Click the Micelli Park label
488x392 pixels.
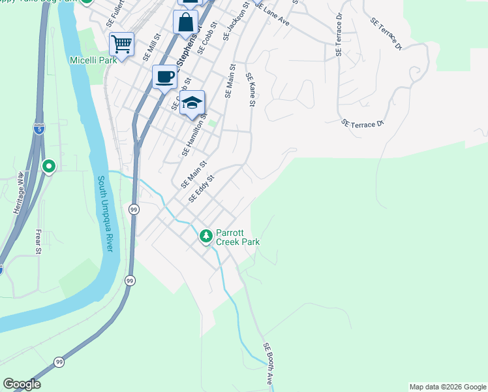tap(93, 60)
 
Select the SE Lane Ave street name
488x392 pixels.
tap(272, 14)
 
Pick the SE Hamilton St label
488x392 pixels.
tap(194, 134)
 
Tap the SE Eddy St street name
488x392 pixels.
tap(201, 188)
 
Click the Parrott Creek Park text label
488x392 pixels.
tap(237, 237)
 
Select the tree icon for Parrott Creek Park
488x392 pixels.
tap(206, 235)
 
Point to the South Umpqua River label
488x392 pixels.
tap(106, 213)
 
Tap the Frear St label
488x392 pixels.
tap(38, 241)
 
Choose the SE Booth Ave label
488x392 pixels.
tap(268, 363)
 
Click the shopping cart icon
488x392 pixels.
tap(121, 44)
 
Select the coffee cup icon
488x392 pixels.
tap(164, 76)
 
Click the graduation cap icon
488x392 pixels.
tap(192, 103)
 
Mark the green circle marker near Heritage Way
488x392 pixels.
tap(48, 167)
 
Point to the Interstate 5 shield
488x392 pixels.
tap(39, 129)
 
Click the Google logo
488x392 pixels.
tap(22, 385)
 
